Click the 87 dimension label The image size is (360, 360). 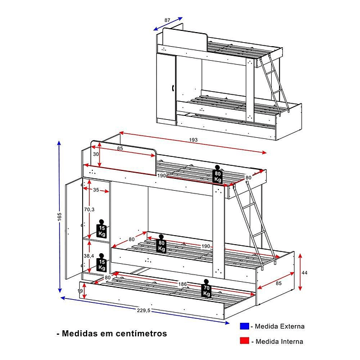(167, 20)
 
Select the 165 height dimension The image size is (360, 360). (58, 217)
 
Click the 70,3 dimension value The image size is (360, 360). (88, 209)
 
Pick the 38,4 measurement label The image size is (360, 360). (88, 255)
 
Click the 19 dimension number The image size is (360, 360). (80, 291)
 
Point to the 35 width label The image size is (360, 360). (96, 190)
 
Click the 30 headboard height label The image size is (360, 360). (96, 154)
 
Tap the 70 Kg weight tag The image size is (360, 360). (206, 289)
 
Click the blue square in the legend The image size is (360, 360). (244, 326)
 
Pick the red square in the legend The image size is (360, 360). (244, 341)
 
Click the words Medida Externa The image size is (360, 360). (280, 326)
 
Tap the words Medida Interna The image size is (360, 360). (280, 341)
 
